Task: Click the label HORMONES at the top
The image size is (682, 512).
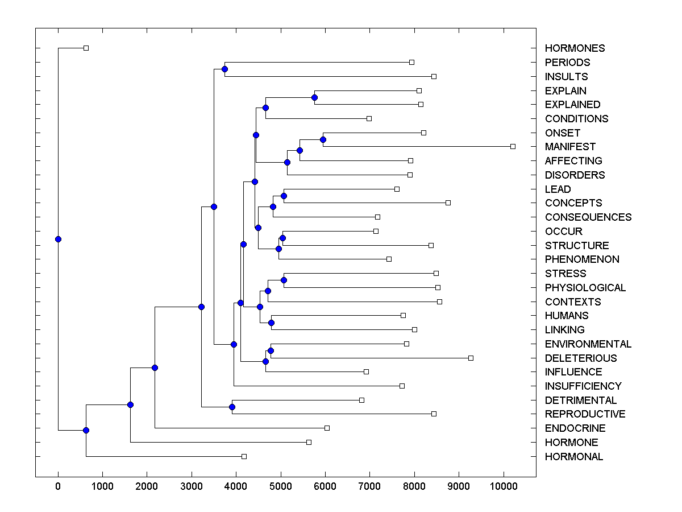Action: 575,48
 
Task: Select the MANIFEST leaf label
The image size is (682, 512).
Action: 570,147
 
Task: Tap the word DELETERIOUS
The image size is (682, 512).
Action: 580,358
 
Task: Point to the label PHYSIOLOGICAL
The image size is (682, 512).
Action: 585,288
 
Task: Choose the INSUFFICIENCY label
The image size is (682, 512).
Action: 583,386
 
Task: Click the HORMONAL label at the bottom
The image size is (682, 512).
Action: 574,457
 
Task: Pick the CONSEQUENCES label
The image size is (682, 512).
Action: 588,217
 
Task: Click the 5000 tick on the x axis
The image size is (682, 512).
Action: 280,486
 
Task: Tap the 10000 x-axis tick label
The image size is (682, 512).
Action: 503,486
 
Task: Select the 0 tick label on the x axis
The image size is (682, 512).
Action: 58,486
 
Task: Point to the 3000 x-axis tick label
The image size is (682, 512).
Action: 192,486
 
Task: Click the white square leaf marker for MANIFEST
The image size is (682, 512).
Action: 513,146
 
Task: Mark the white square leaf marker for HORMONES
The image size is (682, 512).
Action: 86,48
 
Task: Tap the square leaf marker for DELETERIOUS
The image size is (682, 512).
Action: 471,358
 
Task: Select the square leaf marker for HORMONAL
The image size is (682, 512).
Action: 244,456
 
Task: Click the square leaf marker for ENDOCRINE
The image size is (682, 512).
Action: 327,428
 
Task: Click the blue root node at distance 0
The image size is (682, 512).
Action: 58,239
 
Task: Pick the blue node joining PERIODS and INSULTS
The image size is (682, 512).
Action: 224,69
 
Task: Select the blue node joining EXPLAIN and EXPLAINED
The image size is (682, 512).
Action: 314,97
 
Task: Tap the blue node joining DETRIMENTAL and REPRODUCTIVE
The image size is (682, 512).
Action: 232,407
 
